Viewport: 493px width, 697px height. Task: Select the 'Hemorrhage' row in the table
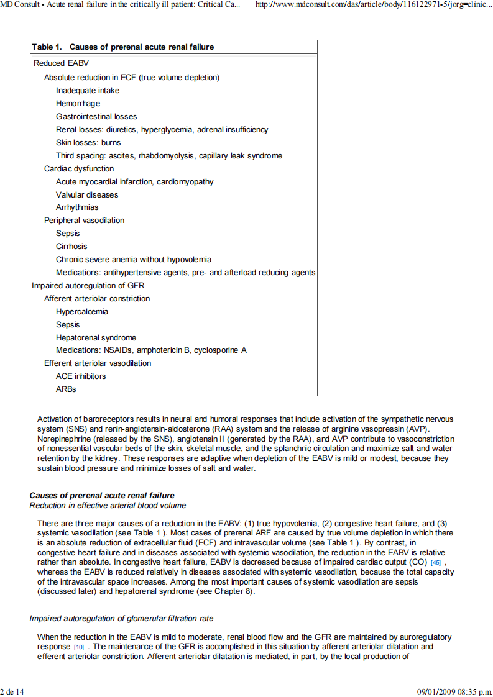78,104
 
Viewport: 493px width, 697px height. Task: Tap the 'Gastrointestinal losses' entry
96,117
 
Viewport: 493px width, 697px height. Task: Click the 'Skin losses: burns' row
88,143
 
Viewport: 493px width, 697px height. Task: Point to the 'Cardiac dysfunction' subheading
79,169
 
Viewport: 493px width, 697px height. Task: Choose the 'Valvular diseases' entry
87,194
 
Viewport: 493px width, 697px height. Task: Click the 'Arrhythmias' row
77,207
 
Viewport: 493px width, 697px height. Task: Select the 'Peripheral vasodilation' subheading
84,221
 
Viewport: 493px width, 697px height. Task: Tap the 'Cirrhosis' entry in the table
71,247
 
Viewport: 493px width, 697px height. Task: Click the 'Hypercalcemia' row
82,312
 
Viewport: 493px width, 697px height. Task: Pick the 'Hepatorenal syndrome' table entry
96,338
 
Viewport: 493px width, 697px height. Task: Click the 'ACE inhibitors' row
81,376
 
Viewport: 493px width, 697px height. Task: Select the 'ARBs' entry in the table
66,389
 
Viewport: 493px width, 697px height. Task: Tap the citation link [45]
436,563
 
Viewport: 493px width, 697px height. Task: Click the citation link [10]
79,647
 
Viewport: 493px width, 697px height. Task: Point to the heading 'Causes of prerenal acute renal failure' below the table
102,496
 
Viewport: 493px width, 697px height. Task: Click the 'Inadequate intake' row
88,91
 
